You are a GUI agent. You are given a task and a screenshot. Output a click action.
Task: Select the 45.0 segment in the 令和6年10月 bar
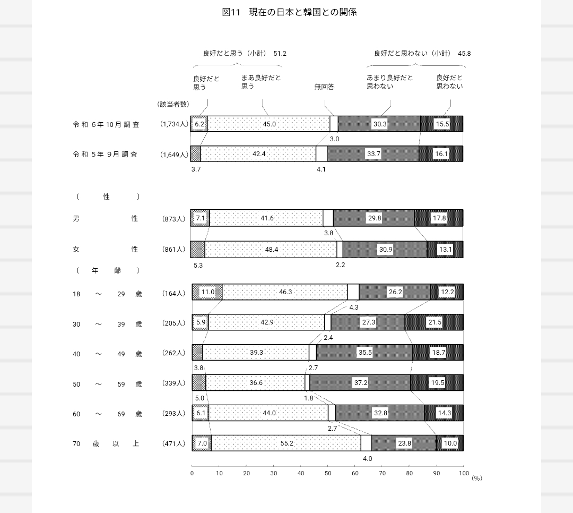[x=269, y=124]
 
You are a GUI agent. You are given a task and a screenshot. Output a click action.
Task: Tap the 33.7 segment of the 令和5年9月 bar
[x=374, y=154]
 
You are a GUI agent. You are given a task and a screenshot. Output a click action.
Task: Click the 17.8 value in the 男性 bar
[x=439, y=218]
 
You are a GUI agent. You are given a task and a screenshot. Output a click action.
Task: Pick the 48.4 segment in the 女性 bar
[x=271, y=250]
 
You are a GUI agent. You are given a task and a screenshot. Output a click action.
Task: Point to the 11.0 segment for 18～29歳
[x=207, y=292]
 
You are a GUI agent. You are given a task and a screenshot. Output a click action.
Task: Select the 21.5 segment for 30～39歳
[x=435, y=322]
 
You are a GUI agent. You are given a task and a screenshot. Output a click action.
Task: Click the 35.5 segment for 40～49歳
[x=365, y=353]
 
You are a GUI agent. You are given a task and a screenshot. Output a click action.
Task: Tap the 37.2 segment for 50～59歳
[x=360, y=383]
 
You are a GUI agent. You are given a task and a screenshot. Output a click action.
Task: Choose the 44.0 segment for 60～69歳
[x=269, y=413]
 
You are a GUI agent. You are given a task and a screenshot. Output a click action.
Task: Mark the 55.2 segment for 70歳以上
[x=286, y=443]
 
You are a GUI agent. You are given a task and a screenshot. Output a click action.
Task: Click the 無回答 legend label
[x=324, y=87]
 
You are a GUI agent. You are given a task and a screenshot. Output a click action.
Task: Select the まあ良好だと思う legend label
[x=261, y=82]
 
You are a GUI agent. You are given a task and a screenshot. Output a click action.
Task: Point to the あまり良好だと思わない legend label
[x=389, y=82]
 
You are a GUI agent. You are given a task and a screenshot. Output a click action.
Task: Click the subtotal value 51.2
[x=280, y=54]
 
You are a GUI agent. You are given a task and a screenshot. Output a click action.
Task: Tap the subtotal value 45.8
[x=464, y=54]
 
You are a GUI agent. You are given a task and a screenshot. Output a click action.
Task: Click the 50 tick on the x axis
[x=328, y=473]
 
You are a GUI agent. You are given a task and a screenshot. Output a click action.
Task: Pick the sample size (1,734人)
[x=174, y=124]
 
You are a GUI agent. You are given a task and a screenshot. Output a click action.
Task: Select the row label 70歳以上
[x=106, y=443]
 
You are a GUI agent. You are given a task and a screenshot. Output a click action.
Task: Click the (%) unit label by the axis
[x=476, y=478]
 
